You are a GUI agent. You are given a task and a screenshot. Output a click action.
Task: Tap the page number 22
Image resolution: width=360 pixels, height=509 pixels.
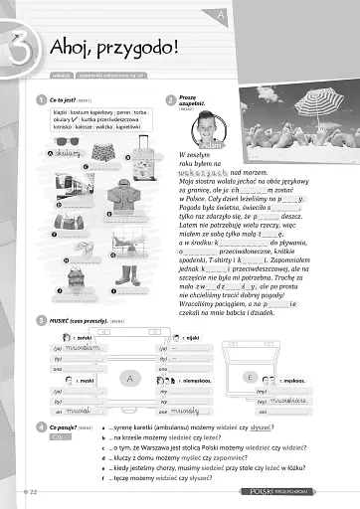34,492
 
